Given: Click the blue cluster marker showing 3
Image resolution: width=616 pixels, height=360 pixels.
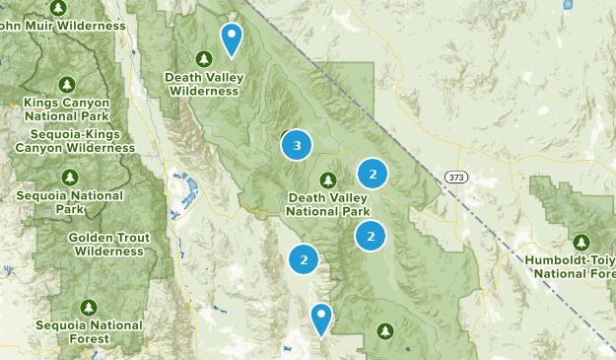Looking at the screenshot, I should (x=297, y=146).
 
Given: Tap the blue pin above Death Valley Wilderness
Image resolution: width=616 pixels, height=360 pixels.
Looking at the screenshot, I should (x=232, y=39).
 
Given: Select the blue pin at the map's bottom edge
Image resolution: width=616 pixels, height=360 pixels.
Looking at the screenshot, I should (x=321, y=320).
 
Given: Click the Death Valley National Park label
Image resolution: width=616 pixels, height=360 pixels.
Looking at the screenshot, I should (x=328, y=204).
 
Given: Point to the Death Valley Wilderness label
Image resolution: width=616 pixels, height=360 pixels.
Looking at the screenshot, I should (x=203, y=84).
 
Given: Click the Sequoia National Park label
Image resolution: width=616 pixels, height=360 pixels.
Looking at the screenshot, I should (x=69, y=202).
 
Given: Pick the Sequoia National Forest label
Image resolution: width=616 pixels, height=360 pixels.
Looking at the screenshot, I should (x=89, y=331).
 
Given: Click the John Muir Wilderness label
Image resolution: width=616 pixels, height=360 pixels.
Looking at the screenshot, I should (x=63, y=26).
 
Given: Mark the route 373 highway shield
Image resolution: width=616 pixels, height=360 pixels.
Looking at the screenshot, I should (x=454, y=177).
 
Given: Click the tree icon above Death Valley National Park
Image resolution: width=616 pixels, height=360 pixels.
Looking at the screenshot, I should (x=328, y=180).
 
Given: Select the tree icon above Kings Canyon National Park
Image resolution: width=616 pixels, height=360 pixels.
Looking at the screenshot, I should (x=68, y=84).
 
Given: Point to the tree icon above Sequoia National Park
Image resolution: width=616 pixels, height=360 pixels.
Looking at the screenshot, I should (x=69, y=177).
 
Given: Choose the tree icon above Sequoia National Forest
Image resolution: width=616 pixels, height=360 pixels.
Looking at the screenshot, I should (x=89, y=307).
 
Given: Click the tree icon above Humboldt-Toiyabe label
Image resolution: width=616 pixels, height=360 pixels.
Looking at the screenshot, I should (x=581, y=242).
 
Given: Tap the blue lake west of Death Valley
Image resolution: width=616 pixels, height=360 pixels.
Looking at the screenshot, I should (x=182, y=185).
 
